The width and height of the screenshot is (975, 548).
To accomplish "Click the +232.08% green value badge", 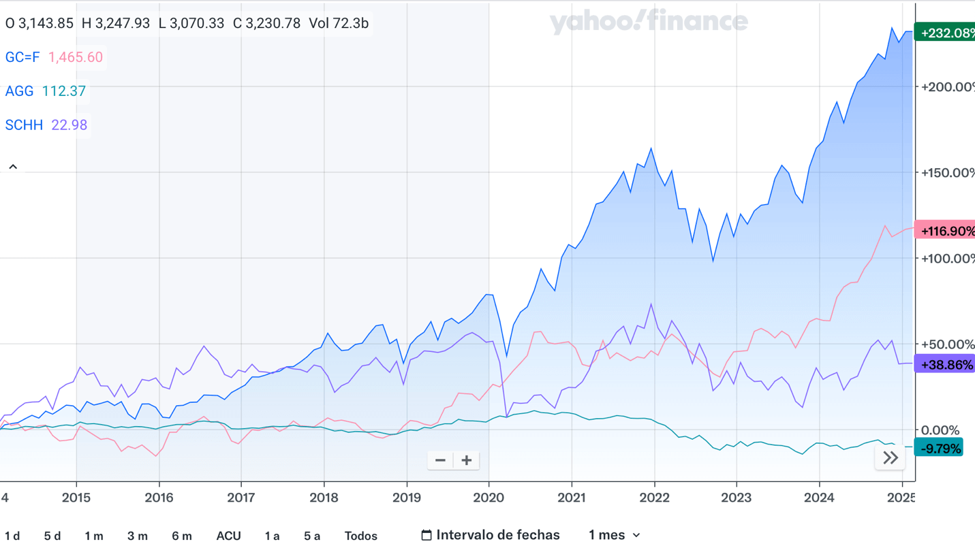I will [946, 33].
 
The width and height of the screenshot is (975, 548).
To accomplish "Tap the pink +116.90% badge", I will [946, 231].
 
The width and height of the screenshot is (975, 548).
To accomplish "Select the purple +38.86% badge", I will [946, 365].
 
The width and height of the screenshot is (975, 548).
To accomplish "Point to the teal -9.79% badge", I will [940, 448].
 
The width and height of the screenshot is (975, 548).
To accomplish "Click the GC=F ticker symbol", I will [22, 57].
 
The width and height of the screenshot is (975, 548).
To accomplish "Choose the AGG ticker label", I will [19, 91].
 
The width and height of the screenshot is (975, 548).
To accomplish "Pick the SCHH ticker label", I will [24, 125].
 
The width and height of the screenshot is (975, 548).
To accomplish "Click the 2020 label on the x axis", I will [489, 498].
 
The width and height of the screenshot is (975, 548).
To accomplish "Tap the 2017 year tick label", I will [241, 498].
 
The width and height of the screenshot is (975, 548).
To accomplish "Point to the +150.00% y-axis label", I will [947, 173].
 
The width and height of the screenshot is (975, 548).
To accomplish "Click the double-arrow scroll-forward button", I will [890, 458].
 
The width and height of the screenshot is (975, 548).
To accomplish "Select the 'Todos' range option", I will [360, 536].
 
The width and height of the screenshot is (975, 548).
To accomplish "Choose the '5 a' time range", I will [311, 536].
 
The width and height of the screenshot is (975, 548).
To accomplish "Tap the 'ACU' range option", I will [228, 536].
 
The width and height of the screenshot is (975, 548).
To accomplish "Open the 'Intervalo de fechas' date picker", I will [491, 535].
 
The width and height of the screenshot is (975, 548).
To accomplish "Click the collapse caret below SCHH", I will [13, 167].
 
